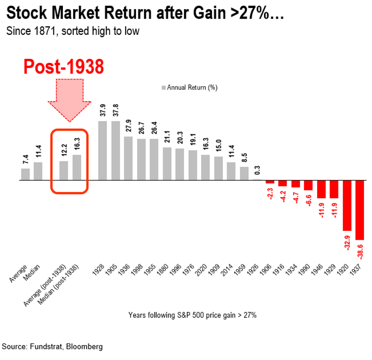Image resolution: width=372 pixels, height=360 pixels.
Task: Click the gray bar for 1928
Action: pyautogui.click(x=103, y=150)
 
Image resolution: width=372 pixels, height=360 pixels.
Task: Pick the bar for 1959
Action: pyautogui.click(x=244, y=173)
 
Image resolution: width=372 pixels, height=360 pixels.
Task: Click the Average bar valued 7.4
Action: pyautogui.click(x=25, y=174)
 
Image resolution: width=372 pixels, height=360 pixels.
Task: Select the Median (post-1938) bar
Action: pyautogui.click(x=77, y=167)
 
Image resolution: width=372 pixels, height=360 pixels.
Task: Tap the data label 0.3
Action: pyautogui.click(x=257, y=170)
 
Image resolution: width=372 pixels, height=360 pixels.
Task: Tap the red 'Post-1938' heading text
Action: pyautogui.click(x=64, y=67)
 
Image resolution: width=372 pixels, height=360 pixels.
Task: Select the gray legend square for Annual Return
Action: pyautogui.click(x=164, y=87)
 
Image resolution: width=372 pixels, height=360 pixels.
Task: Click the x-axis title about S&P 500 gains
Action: pyautogui.click(x=192, y=315)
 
